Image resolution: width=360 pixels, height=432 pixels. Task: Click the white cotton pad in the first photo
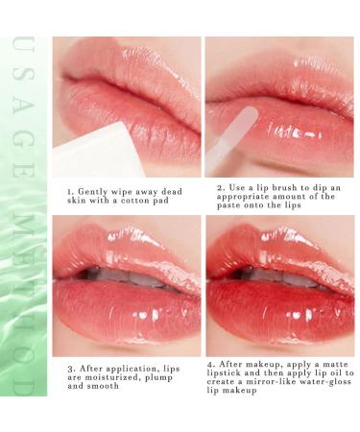(x=91, y=154)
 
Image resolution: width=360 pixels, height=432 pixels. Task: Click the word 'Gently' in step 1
(x=100, y=190)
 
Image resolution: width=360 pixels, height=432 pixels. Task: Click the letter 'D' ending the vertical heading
(x=26, y=388)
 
